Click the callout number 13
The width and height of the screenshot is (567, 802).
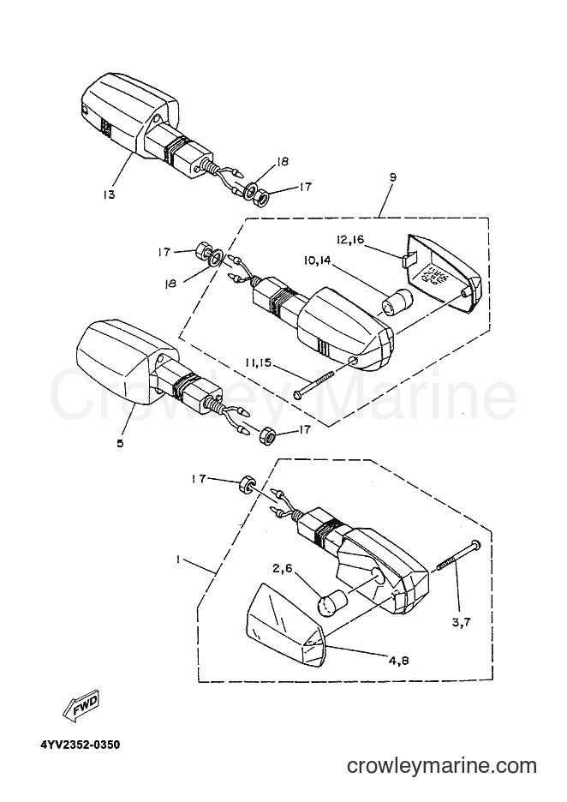coord(109,195)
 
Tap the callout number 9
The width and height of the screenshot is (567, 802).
coord(392,177)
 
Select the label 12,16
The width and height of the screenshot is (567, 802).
coord(350,239)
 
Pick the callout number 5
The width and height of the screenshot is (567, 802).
coord(120,443)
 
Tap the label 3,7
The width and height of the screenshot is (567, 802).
coord(461,622)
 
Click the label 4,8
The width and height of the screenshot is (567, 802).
coord(398,661)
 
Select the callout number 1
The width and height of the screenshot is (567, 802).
coord(177,560)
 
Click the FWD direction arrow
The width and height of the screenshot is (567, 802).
coord(80,709)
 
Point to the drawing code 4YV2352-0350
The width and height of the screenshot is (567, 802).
coord(81,745)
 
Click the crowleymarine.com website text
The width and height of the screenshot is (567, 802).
coord(442,766)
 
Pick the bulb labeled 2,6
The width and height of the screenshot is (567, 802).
coord(332,603)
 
